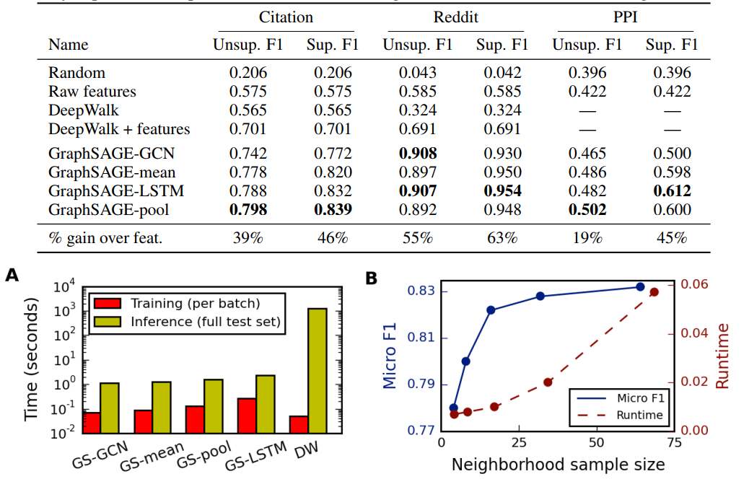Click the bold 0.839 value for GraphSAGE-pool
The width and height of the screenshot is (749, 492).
[x=332, y=210]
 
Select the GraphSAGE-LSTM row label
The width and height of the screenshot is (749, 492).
[x=115, y=191]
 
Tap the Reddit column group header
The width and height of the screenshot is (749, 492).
[x=455, y=17]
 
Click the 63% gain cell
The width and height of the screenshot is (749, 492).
[x=501, y=238]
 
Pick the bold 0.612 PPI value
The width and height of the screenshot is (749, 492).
[x=672, y=191]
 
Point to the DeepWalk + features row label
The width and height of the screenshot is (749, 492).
[x=119, y=129]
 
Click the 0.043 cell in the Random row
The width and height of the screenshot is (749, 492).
[x=417, y=73]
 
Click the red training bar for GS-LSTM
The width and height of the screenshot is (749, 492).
[x=247, y=416]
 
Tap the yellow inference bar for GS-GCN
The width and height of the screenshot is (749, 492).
[x=110, y=408]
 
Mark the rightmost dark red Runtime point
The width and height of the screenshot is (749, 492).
[x=654, y=292]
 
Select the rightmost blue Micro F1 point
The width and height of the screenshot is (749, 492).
[x=640, y=286]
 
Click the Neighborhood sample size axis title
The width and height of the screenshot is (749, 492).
[x=558, y=465]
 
